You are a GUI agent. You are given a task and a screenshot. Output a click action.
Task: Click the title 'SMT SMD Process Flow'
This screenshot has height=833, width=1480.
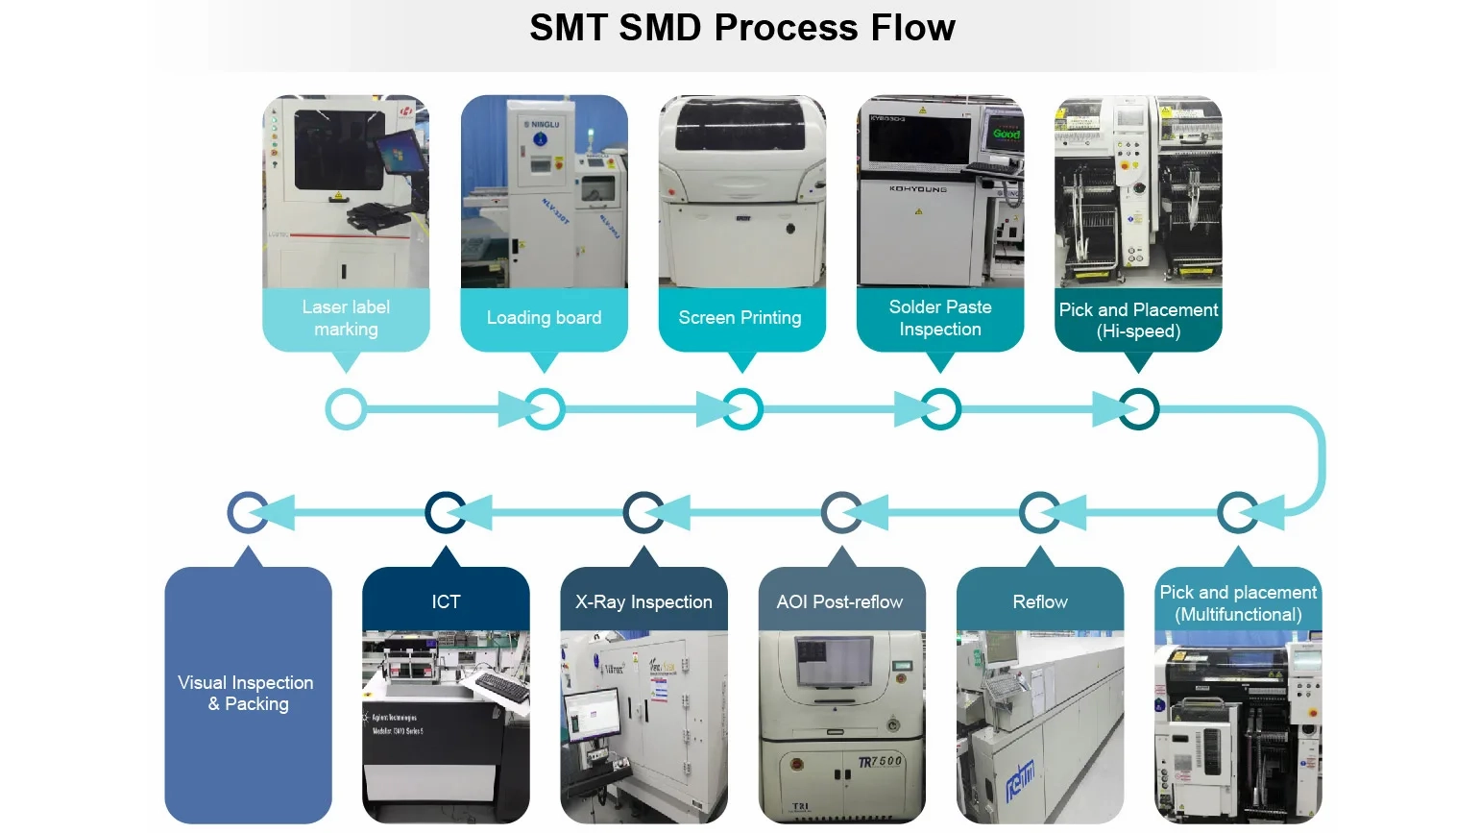pos(741,28)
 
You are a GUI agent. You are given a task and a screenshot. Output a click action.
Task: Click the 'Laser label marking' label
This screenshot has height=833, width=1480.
pos(346,318)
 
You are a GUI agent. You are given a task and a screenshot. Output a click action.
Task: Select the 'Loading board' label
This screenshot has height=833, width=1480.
pos(544,318)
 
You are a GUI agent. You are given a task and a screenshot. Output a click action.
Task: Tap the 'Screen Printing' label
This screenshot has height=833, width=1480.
pos(740,318)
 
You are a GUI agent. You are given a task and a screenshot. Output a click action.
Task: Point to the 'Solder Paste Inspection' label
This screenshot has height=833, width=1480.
pos(939,318)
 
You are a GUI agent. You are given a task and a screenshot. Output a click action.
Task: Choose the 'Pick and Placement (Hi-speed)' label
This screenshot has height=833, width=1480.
pos(1138,321)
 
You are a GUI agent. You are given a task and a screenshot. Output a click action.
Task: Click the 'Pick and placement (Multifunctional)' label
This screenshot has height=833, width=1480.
pos(1238,603)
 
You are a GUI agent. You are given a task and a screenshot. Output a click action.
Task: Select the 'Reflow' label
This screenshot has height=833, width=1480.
pos(1039,602)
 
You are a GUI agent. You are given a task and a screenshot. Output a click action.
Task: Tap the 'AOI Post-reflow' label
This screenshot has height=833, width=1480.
pos(839,602)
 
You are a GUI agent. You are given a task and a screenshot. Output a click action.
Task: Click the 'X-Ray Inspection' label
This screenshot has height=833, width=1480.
pos(643,602)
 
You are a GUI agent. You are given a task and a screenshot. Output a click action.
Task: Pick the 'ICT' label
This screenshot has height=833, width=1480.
pos(446,602)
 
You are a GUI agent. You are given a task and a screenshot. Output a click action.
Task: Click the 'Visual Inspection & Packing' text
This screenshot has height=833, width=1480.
pos(246,693)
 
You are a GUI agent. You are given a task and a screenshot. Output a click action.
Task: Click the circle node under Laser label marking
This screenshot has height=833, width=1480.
pos(346,409)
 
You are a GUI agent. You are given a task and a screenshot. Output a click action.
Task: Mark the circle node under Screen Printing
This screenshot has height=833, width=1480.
pos(742,409)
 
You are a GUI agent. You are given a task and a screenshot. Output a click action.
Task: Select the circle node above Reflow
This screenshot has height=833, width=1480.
pos(1039,512)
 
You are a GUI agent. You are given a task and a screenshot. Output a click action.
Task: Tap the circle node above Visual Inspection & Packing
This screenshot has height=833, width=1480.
pos(247,512)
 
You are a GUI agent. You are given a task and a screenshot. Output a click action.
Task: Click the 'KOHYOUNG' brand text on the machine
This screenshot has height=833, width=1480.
pos(917,189)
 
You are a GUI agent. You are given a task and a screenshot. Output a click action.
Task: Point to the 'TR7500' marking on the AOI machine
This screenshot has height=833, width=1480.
pos(880,762)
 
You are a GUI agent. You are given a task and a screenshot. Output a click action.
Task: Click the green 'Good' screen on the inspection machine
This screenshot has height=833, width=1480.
pos(1006,134)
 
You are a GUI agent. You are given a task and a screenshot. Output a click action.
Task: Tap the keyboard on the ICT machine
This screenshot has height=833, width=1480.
pos(501,687)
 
